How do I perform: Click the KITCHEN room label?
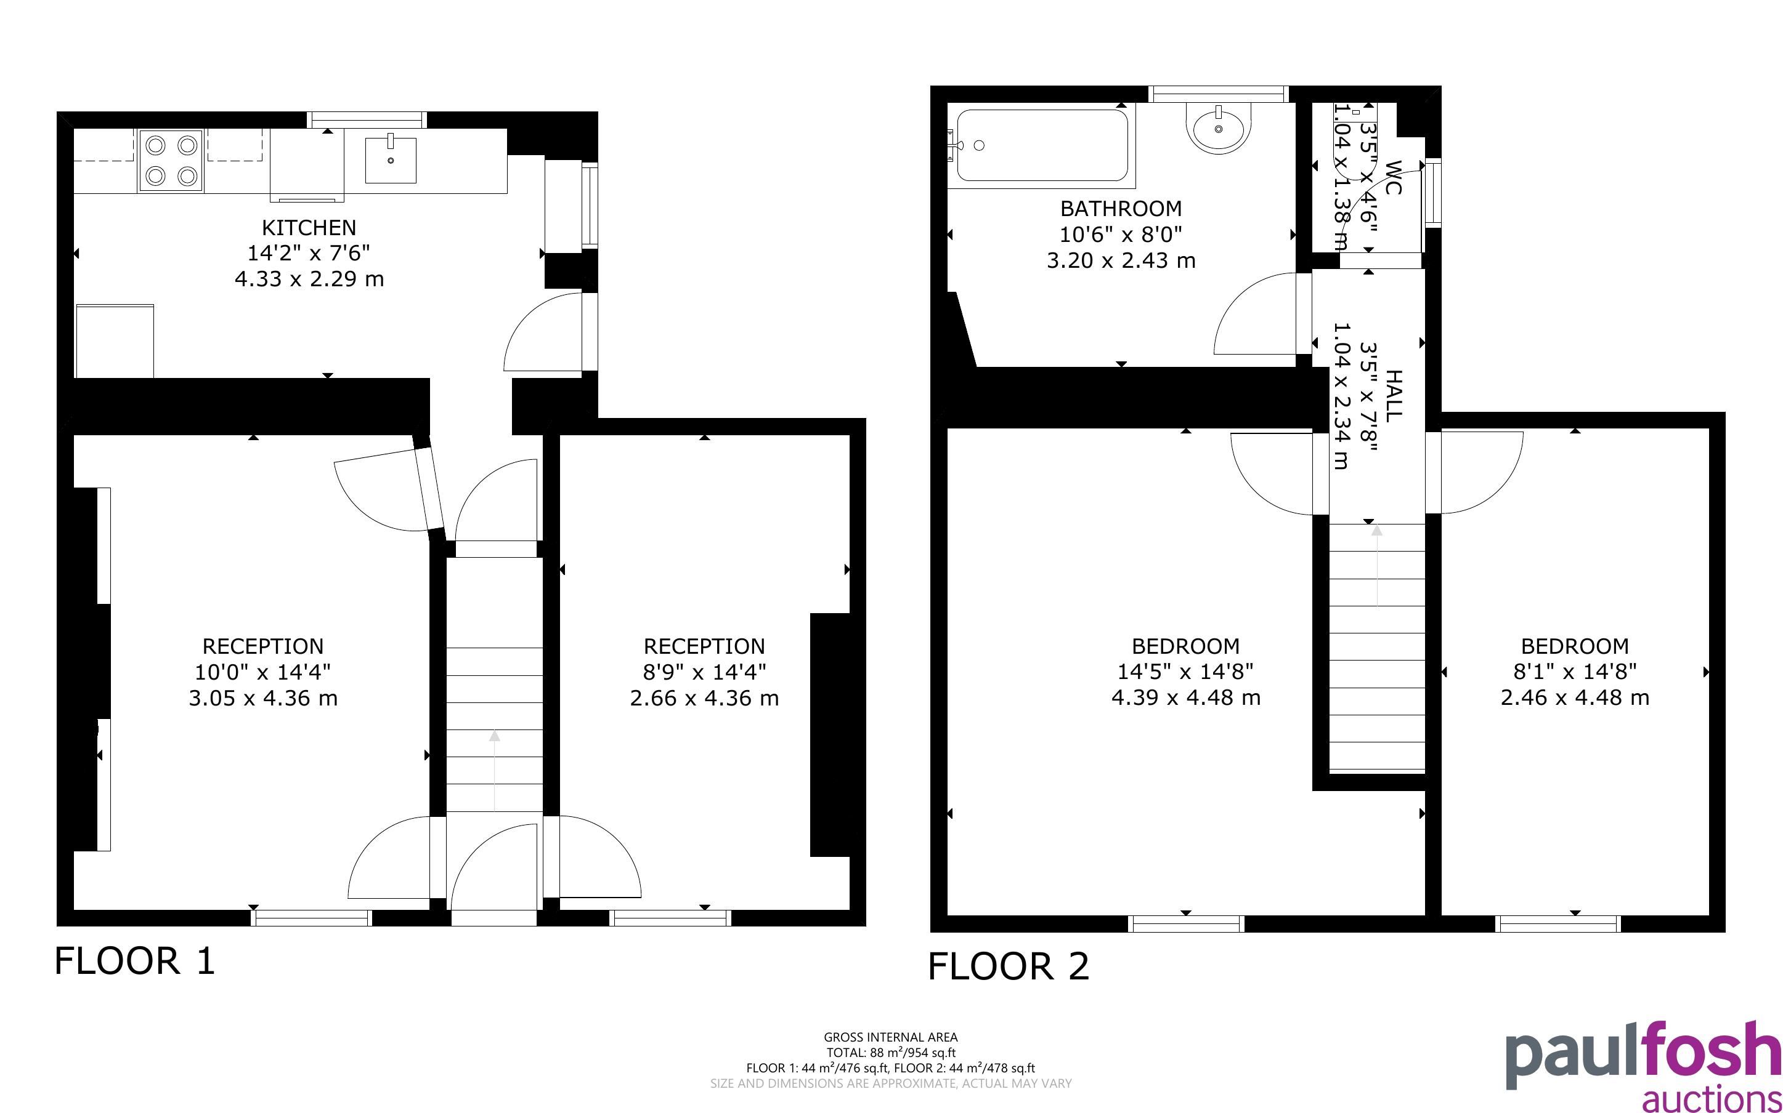coord(309,227)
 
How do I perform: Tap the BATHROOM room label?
coord(1121,209)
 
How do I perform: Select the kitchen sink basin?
coord(391,159)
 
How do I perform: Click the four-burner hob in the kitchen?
coord(171,161)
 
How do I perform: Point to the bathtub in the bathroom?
coord(1041,145)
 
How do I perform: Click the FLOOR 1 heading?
coord(135,962)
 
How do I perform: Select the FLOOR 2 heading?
coord(1008,966)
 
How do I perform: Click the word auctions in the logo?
coord(1712,1098)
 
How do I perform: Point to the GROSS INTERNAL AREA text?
coord(890,1037)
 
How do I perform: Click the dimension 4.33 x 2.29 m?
coord(309,279)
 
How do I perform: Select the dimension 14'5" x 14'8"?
coord(1186,672)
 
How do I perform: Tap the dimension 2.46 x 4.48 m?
coord(1575,698)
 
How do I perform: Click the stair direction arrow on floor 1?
coord(494,769)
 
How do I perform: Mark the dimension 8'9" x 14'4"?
coord(705,672)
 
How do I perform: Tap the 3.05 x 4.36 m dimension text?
coord(263,698)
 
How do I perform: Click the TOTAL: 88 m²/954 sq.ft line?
coord(890,1053)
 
